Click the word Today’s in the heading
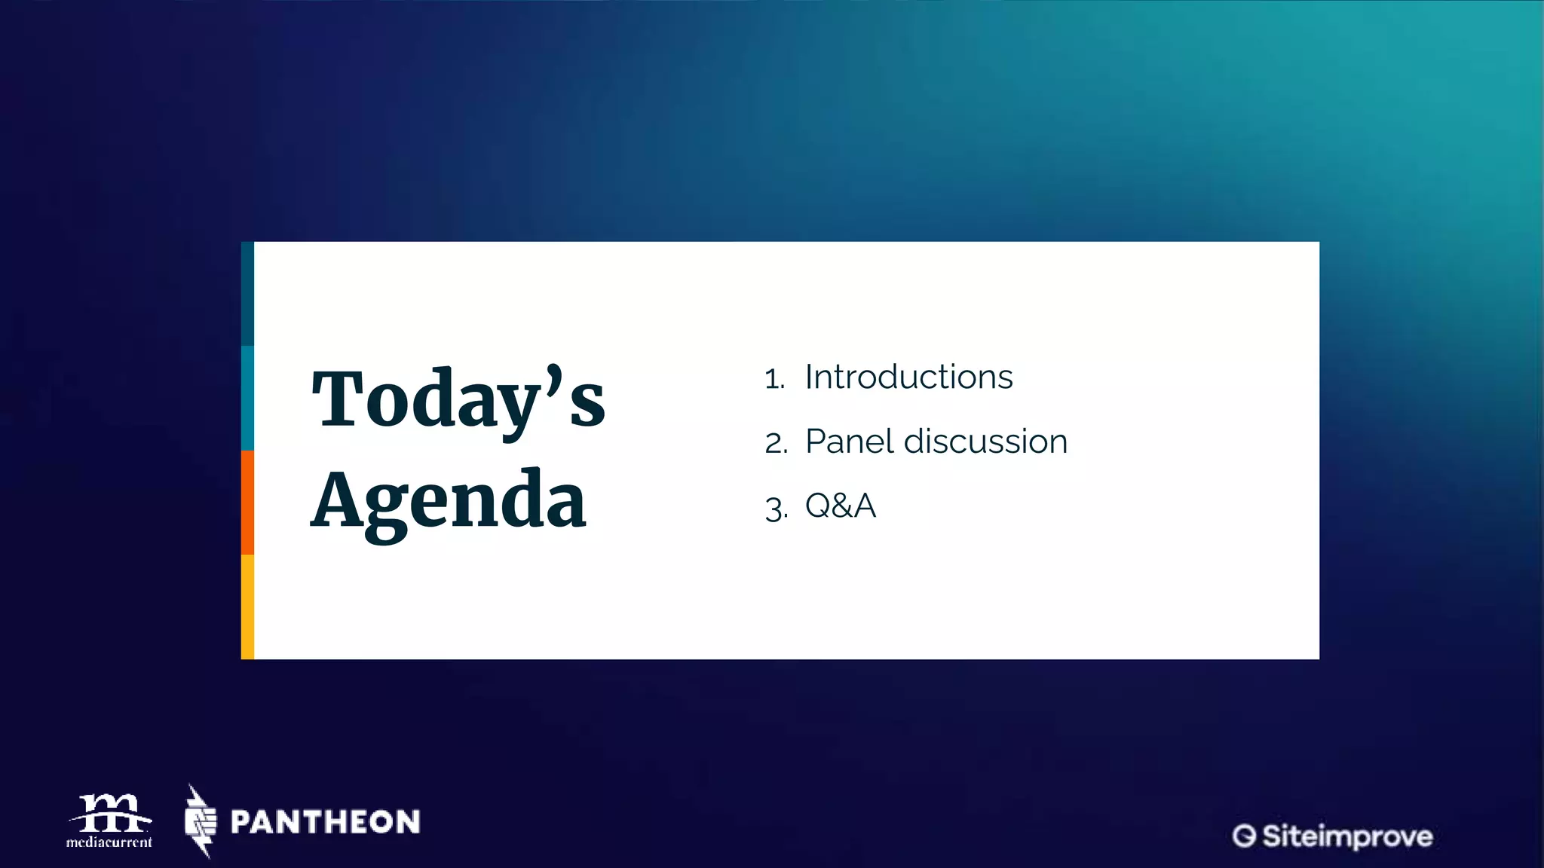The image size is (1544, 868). [458, 399]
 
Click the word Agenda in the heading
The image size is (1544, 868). [448, 500]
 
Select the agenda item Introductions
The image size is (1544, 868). [908, 377]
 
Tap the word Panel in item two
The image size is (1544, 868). [850, 442]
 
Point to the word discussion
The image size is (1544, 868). [985, 442]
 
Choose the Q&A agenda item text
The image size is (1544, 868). [841, 506]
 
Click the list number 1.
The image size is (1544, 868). [774, 379]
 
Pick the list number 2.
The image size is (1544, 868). [776, 443]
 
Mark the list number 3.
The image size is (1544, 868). [776, 508]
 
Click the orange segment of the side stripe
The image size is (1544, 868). [247, 503]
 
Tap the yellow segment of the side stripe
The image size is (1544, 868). [247, 607]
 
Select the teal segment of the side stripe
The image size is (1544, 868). [247, 398]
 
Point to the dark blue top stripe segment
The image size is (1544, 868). [247, 294]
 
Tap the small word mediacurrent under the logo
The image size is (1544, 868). [109, 842]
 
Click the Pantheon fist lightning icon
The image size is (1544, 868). [201, 821]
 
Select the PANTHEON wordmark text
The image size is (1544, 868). [325, 822]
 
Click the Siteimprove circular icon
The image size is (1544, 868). [1244, 836]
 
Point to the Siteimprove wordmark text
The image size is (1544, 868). [1347, 836]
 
